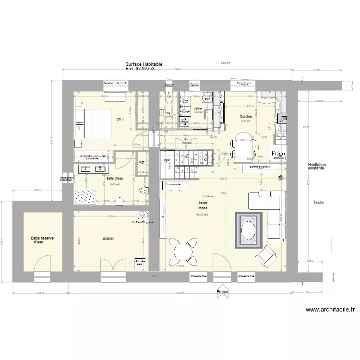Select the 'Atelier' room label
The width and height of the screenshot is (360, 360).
tap(108, 238)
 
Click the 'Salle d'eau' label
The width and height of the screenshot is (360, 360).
tap(114, 178)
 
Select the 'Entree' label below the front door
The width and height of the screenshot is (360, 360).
tap(222, 291)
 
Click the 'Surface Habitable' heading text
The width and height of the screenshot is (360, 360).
tap(144, 64)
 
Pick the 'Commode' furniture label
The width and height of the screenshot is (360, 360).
tap(173, 184)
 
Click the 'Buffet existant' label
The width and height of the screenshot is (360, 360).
tap(260, 167)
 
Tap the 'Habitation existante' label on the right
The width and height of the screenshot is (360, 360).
tap(317, 166)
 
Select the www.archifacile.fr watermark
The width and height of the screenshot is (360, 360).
tap(329, 310)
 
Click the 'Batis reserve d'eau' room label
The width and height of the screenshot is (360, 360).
tap(42, 240)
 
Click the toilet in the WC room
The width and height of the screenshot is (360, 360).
tap(168, 98)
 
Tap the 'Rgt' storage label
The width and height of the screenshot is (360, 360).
tap(142, 162)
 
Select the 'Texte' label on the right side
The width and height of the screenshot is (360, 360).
tap(318, 203)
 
